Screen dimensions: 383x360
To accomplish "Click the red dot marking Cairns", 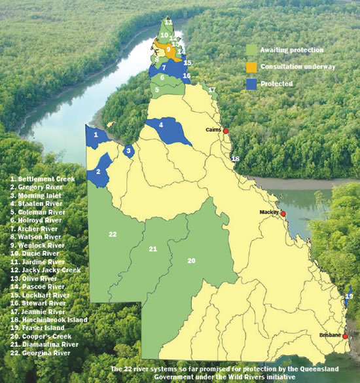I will coord(226,132).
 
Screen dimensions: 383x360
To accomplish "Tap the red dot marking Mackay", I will coord(283,214).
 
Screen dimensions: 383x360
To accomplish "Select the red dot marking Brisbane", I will coord(344,336).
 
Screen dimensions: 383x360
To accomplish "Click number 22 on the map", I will coord(113,234).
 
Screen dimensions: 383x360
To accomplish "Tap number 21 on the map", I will coord(153,249).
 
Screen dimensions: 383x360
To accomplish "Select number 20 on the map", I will coord(192,261).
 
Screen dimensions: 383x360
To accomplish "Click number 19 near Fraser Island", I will coord(349,297).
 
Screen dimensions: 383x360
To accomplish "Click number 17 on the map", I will coord(211,89).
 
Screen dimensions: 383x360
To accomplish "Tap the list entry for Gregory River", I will coord(41,187).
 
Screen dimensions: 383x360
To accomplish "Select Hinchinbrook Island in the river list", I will coord(50,321).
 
